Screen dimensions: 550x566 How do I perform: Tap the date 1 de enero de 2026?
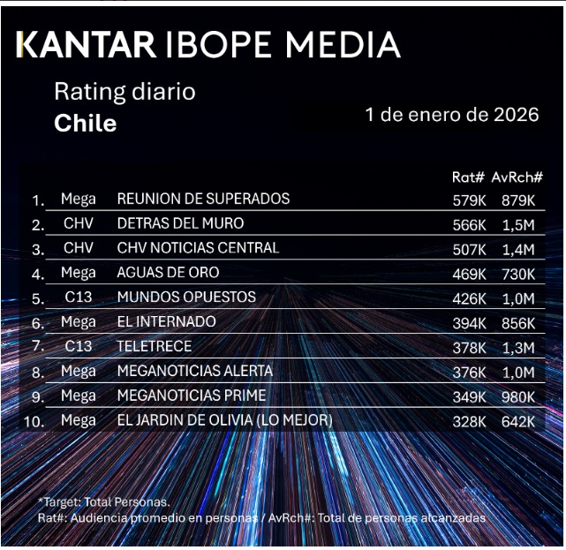click(451, 115)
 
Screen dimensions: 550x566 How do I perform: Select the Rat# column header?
click(468, 177)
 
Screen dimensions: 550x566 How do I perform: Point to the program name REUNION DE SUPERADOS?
click(203, 199)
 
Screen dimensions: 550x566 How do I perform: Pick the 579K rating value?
click(469, 200)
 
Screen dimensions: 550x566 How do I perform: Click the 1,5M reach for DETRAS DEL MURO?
click(517, 224)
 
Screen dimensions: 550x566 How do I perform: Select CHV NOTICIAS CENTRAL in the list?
click(198, 248)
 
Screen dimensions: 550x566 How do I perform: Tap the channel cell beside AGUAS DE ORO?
click(79, 273)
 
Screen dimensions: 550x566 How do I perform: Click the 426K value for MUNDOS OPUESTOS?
click(469, 298)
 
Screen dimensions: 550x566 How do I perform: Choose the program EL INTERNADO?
click(166, 322)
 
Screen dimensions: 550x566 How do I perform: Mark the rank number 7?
click(38, 348)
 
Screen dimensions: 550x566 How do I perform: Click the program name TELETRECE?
click(155, 347)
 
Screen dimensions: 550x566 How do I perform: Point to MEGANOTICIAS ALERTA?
click(194, 371)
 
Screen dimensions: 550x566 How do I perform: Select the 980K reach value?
click(517, 396)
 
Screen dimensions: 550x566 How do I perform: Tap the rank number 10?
click(34, 422)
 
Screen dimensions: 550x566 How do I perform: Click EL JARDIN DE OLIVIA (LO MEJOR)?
click(224, 420)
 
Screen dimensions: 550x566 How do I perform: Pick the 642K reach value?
click(517, 421)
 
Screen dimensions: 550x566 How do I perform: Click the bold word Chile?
click(85, 123)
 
